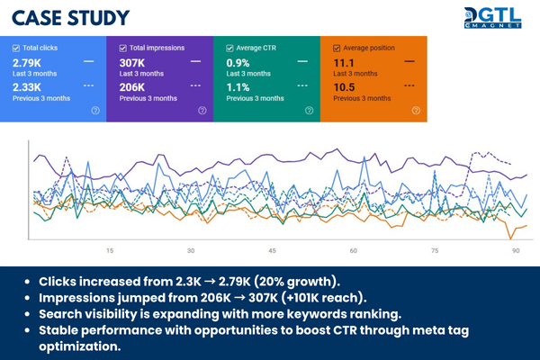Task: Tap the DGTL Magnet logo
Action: [x=493, y=18]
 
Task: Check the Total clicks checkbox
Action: [x=17, y=47]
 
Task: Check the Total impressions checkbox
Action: [x=122, y=47]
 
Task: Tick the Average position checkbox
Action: [x=336, y=47]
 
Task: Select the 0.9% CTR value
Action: [x=239, y=62]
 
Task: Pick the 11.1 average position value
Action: [x=344, y=62]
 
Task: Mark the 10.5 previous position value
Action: [x=345, y=87]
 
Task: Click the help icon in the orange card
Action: [x=416, y=110]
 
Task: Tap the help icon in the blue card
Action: [x=95, y=110]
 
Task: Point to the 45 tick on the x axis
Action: [x=273, y=251]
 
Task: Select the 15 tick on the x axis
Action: [x=109, y=251]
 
